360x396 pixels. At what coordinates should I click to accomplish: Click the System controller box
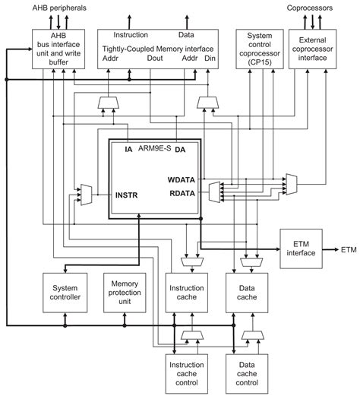[65, 293]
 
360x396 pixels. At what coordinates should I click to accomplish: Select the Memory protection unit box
[125, 293]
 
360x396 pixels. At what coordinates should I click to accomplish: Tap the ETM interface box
[301, 249]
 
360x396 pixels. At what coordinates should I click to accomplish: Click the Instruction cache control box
[187, 374]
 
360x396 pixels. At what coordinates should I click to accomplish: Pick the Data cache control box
[247, 374]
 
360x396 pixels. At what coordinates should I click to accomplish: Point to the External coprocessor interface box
[312, 49]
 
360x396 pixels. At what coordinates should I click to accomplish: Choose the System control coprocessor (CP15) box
[260, 49]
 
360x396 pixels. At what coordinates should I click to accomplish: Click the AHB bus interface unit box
[58, 49]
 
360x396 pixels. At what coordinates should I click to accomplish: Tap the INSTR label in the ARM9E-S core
[126, 195]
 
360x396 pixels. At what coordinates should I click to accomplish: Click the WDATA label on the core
[182, 180]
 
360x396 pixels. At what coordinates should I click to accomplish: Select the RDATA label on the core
[182, 193]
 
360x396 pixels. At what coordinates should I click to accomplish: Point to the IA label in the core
[128, 150]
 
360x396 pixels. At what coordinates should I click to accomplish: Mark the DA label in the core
[180, 150]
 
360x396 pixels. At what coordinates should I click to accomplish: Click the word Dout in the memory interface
[155, 59]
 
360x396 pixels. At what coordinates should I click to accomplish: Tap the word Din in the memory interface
[210, 59]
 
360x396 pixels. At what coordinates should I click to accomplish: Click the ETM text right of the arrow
[349, 250]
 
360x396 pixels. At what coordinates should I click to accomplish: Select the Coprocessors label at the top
[310, 8]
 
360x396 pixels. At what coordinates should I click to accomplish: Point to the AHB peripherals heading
[59, 8]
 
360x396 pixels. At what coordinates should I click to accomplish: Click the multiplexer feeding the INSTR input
[86, 195]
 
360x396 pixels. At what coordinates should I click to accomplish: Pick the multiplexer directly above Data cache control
[253, 335]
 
